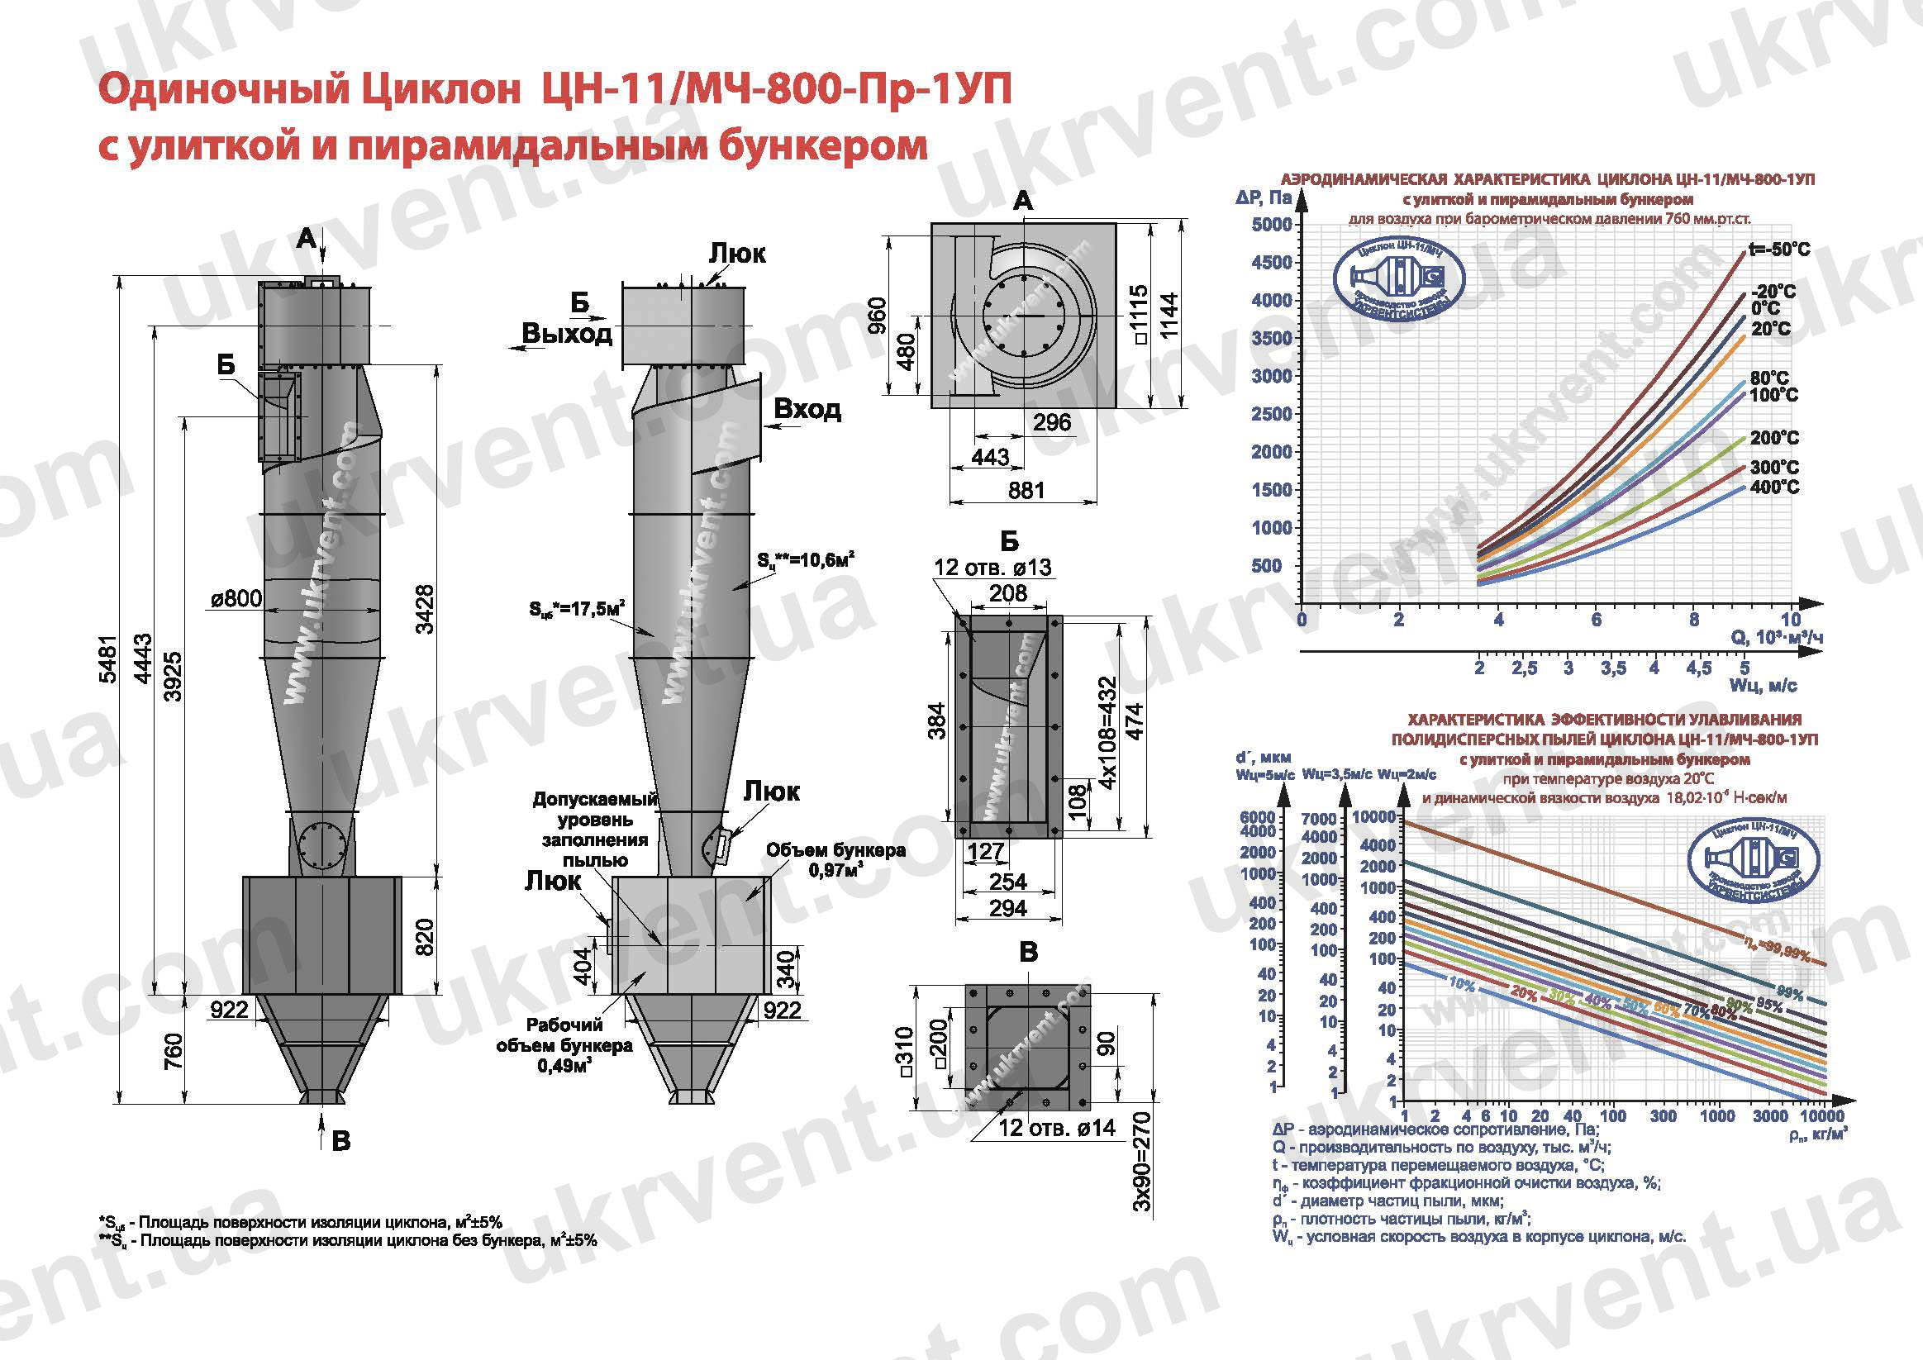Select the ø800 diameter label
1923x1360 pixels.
[236, 598]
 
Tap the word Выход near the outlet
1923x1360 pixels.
[566, 334]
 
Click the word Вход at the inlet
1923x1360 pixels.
[807, 410]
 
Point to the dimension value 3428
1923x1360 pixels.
[425, 609]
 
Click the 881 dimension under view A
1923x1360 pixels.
[1026, 490]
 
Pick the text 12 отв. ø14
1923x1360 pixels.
[1056, 1128]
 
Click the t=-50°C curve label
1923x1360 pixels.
[1778, 250]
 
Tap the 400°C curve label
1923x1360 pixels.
[1774, 487]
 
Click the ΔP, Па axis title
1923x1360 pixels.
[1263, 198]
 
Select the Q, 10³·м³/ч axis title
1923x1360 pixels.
[1777, 638]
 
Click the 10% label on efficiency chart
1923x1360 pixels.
[1461, 985]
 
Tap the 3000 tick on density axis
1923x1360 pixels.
[1770, 1116]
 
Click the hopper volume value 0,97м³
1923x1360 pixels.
[835, 871]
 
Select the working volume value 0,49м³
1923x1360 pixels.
[564, 1066]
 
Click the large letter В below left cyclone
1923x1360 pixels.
[340, 1140]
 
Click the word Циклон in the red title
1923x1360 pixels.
[440, 89]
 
